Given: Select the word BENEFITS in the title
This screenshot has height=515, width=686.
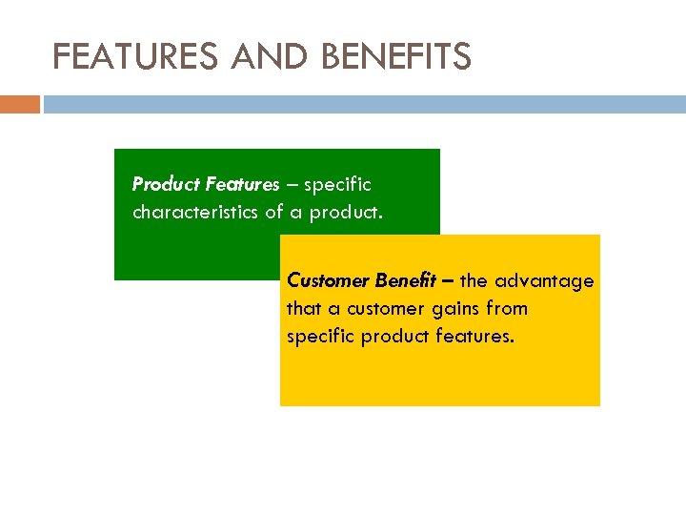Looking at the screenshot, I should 396,58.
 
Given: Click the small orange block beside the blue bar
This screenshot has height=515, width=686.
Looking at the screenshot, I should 19,104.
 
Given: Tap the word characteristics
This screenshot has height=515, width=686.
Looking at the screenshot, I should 195,212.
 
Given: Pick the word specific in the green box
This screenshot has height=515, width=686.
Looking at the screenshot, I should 337,184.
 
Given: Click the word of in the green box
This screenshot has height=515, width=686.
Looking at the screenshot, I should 273,212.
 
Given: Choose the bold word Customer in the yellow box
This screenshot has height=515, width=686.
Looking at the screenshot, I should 327,281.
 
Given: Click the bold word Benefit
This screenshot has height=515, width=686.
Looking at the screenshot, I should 404,281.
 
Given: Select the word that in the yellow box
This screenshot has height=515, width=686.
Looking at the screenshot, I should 303,309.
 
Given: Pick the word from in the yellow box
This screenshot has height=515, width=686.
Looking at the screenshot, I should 506,309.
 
